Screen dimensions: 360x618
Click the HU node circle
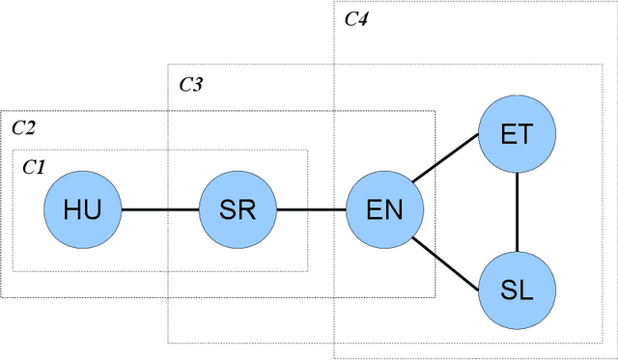pos(83,209)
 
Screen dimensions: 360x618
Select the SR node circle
pos(238,209)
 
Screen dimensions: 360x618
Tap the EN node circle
pos(385,209)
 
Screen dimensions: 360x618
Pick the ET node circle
pos(519,133)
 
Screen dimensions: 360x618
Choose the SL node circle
pos(519,289)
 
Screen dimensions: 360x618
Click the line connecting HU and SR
pos(160,209)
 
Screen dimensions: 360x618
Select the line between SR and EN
pos(311,209)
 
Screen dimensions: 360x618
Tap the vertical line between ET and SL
pos(519,210)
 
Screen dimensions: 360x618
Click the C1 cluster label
pos(34,167)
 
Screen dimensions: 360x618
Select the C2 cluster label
pos(23,126)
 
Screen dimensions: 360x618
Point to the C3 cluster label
pos(190,85)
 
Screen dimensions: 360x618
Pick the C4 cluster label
pos(356,18)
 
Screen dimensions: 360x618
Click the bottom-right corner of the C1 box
pos(308,271)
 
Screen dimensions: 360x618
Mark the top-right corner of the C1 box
pos(308,150)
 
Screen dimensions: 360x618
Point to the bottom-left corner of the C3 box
pos(168,343)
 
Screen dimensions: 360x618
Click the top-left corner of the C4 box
pos(334,4)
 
